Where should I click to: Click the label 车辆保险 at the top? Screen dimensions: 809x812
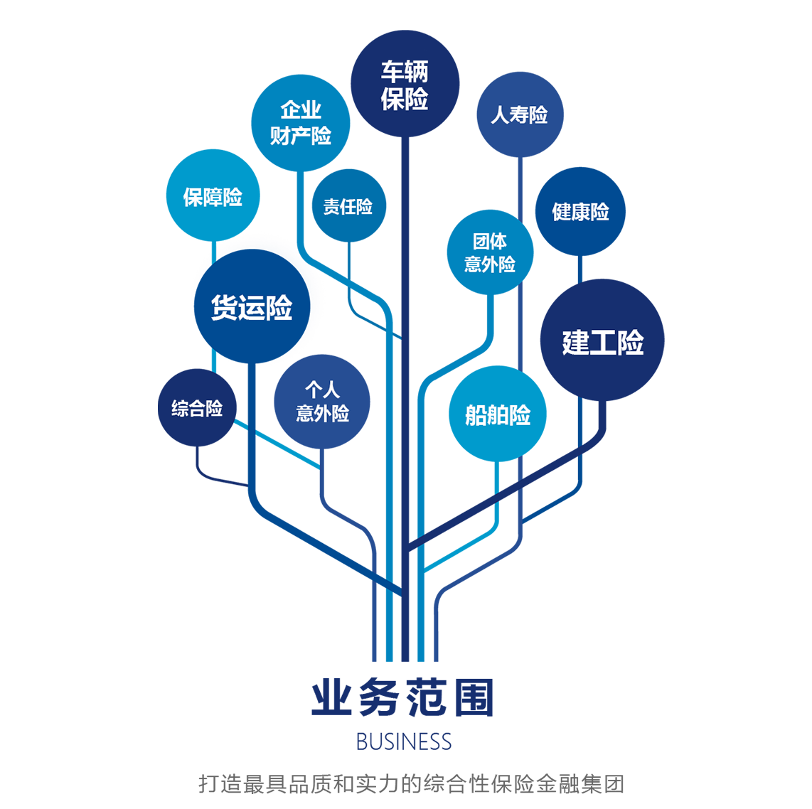405,85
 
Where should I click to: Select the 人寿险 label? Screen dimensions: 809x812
519,115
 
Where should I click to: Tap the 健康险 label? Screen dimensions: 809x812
580,212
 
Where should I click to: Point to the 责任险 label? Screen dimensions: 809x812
348,207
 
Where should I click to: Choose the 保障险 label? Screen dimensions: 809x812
213,197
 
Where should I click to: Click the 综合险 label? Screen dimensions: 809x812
197,409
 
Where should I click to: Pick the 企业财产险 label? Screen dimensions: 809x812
301,123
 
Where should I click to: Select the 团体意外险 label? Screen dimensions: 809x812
490,253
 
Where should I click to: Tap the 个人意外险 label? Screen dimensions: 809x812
323,402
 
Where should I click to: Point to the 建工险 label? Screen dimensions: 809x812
603,343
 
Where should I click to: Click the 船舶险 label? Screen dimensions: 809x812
498,415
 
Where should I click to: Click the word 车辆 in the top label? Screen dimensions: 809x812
405,72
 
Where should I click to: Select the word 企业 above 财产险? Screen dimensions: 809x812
301,110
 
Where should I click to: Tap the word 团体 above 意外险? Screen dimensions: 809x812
490,242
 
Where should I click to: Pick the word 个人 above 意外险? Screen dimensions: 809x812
323,390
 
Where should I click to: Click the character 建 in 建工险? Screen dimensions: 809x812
576,343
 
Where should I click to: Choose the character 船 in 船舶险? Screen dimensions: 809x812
476,415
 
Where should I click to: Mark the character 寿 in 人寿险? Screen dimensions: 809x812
519,115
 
